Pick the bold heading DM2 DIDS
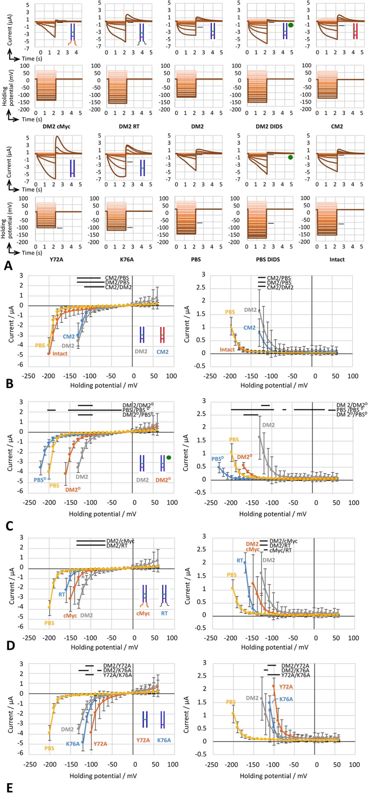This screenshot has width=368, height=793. click(x=269, y=126)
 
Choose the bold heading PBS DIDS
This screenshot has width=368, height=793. click(x=269, y=259)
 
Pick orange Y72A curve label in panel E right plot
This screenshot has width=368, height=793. click(x=286, y=687)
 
